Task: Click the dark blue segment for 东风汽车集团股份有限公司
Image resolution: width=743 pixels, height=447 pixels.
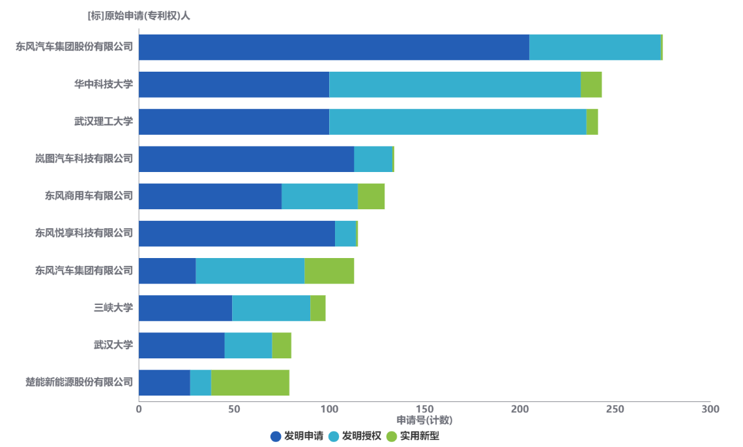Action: (334, 48)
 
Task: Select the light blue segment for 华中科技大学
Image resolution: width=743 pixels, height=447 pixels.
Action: (455, 85)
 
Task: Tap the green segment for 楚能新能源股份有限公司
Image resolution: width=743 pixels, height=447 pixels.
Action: (250, 382)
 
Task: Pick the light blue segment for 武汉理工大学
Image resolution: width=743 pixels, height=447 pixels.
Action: (458, 122)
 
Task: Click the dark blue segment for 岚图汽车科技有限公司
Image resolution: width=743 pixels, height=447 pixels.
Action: (246, 159)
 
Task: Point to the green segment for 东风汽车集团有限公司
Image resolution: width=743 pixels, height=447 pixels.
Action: (329, 271)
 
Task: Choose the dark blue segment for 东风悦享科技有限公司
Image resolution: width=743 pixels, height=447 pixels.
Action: (237, 233)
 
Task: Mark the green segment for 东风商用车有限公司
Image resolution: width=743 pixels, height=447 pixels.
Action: (371, 196)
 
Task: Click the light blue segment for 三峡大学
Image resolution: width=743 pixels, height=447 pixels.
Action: (271, 308)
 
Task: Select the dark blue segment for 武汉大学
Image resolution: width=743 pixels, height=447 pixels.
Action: (182, 345)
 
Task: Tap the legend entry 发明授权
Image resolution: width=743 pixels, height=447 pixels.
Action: (355, 436)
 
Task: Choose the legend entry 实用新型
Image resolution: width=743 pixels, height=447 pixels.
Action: (413, 436)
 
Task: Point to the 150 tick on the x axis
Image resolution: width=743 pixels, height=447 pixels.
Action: (424, 409)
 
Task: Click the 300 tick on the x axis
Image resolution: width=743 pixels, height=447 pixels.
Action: (710, 409)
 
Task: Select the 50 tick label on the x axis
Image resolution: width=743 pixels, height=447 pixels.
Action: (234, 409)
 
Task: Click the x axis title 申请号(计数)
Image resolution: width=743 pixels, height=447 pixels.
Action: (424, 420)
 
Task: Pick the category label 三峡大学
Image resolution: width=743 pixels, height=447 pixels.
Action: (113, 308)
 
